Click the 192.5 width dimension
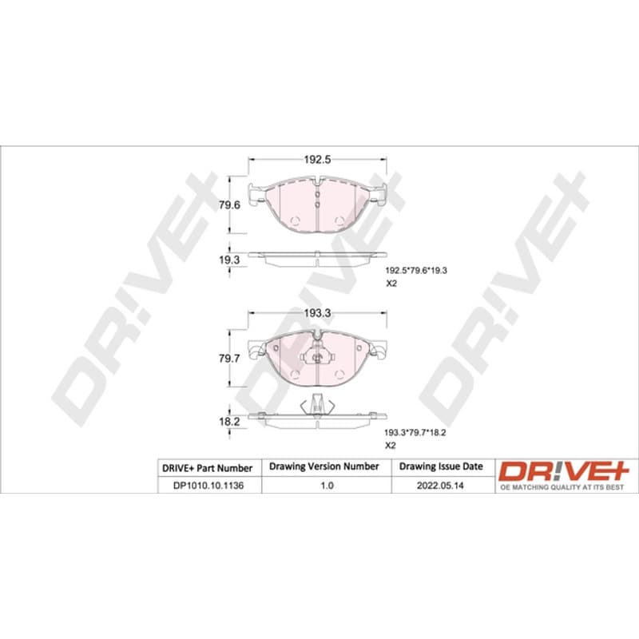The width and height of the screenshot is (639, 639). pos(317,159)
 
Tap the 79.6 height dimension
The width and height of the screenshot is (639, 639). pos(229,205)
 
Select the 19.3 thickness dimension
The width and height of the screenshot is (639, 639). pos(229,260)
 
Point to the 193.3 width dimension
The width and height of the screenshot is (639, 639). pos(317,313)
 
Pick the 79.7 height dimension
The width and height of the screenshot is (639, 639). pos(229,359)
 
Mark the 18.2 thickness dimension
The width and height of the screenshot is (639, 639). pos(229,422)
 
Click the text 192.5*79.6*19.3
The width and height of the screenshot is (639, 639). pos(416,270)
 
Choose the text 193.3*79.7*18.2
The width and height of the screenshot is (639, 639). pos(415,432)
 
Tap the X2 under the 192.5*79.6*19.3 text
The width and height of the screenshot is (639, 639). pos(391,284)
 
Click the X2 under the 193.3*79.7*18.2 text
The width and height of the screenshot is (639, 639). pos(390,446)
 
